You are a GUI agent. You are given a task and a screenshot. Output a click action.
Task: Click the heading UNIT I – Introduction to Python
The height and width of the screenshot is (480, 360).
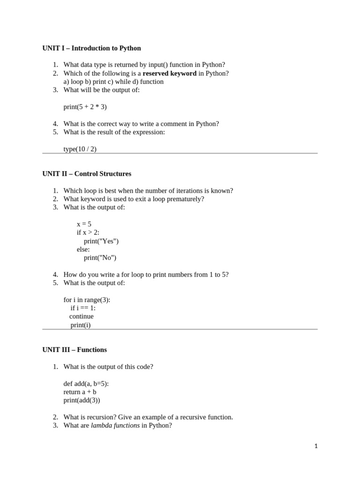pyautogui.click(x=91, y=48)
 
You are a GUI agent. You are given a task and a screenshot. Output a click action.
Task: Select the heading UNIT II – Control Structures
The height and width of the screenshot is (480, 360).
pyautogui.click(x=87, y=174)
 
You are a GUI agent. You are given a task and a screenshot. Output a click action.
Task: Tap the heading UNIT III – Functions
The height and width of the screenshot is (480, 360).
pyautogui.click(x=75, y=350)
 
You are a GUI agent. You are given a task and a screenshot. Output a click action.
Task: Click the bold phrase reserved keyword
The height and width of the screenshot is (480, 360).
pyautogui.click(x=169, y=73)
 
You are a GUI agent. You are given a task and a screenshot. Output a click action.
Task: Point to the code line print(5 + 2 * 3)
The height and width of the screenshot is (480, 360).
pyautogui.click(x=85, y=107)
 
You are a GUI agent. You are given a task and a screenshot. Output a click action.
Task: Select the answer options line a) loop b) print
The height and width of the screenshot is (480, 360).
pyautogui.click(x=113, y=82)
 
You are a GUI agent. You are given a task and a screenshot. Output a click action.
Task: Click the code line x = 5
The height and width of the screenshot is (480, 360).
pyautogui.click(x=84, y=224)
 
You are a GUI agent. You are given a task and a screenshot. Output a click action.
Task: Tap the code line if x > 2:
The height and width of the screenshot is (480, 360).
pyautogui.click(x=88, y=232)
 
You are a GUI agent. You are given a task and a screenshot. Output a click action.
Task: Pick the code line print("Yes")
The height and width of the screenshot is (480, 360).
pyautogui.click(x=101, y=241)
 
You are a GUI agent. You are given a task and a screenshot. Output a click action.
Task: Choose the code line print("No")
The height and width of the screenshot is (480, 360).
pyautogui.click(x=100, y=258)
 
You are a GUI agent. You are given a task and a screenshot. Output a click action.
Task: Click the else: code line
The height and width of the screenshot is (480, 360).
pyautogui.click(x=83, y=249)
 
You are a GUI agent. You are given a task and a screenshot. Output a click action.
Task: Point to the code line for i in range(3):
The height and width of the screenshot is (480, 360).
pyautogui.click(x=87, y=300)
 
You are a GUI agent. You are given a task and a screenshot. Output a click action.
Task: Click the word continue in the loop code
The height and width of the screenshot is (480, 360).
pyautogui.click(x=82, y=316)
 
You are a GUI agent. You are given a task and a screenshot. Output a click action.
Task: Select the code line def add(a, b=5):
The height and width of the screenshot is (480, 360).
pyautogui.click(x=86, y=383)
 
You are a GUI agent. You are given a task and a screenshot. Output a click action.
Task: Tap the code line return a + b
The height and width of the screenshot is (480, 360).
pyautogui.click(x=80, y=392)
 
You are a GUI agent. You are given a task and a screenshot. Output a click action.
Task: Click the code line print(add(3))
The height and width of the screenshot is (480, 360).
pyautogui.click(x=82, y=400)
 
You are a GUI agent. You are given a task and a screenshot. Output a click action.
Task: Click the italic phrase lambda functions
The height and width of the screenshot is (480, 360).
pyautogui.click(x=115, y=426)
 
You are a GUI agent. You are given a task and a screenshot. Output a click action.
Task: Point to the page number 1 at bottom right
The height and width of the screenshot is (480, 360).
pyautogui.click(x=316, y=447)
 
